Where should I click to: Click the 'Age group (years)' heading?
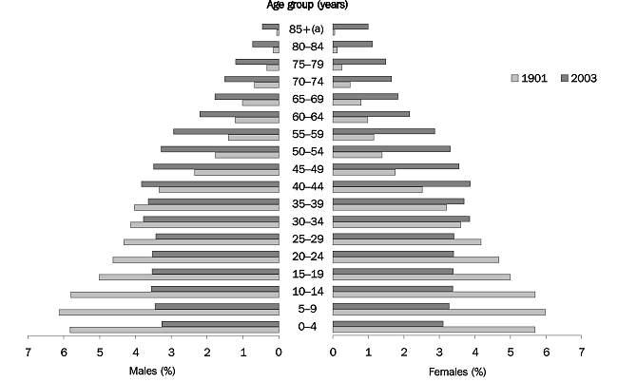point(305,6)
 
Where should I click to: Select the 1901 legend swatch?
point(516,78)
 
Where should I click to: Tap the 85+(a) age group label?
point(305,29)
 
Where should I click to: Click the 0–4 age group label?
point(305,327)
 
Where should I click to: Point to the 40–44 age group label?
point(305,186)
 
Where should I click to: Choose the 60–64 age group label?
point(305,116)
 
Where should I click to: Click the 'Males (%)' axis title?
point(151,370)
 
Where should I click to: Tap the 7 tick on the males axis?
point(28,352)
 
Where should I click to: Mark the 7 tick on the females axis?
point(581,352)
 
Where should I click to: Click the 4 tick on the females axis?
point(474,352)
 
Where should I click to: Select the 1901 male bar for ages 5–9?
point(168,312)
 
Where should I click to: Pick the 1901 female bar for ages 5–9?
point(438,312)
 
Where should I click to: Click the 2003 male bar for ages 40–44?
point(210,183)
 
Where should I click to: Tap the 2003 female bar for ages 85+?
point(350,26)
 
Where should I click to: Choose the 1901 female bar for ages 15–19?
point(421,277)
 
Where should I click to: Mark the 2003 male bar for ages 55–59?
point(226,131)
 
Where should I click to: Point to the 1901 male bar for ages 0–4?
point(174,330)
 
